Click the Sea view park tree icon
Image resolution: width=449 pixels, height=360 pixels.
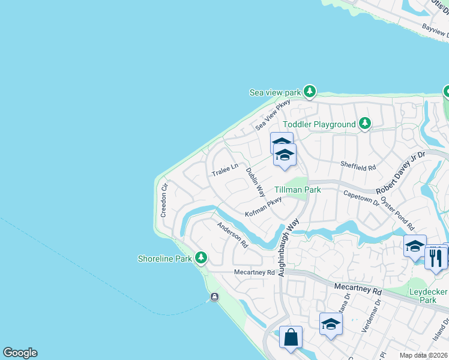tap(310, 92)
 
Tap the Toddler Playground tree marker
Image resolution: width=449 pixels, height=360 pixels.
tap(364, 124)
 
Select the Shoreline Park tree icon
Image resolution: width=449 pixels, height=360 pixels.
tap(201, 259)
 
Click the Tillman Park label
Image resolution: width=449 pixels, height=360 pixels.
tap(298, 190)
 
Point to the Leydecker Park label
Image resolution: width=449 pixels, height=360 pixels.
tap(428, 295)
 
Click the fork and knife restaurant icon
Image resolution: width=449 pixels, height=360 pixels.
tap(436, 258)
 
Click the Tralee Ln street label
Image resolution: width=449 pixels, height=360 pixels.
tap(225, 170)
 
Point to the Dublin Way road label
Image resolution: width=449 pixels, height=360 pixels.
tap(256, 182)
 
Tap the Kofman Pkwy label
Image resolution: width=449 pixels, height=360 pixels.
tap(264, 207)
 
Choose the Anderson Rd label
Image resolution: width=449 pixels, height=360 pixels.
tap(232, 235)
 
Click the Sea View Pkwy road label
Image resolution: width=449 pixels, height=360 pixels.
tap(273, 115)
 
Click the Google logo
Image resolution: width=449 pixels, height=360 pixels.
tap(20, 353)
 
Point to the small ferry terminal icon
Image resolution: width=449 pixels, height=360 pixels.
tap(215, 297)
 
